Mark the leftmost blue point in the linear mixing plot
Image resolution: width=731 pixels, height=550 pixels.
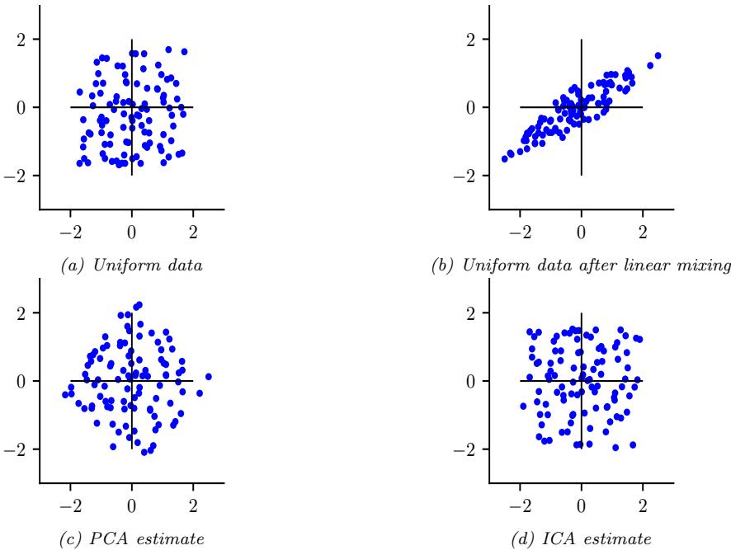(505, 158)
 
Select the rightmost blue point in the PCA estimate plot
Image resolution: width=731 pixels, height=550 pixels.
(209, 377)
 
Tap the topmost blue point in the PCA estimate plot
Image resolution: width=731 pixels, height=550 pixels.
(139, 305)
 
